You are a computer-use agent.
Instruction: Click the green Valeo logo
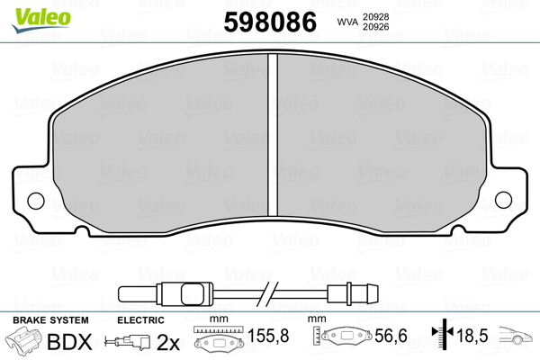click(41, 20)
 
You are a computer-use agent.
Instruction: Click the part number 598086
click(270, 22)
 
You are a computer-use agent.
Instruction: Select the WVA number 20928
click(375, 17)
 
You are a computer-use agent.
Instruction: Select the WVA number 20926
click(375, 27)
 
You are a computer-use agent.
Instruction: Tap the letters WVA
click(347, 22)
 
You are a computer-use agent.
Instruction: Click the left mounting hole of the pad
click(36, 201)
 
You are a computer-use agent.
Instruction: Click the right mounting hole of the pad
click(503, 200)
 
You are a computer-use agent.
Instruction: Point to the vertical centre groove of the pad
click(273, 135)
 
